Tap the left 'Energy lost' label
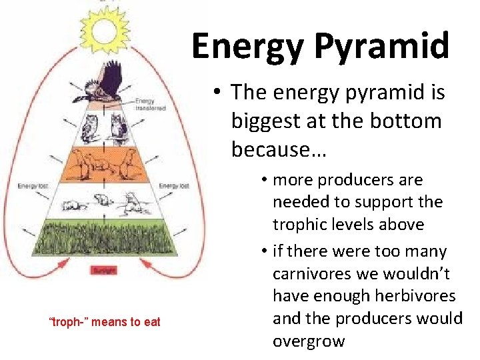pos(28,185)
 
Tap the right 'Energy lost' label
pos(175,185)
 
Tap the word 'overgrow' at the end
pos(309,341)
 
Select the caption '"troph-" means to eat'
pos(105,322)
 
